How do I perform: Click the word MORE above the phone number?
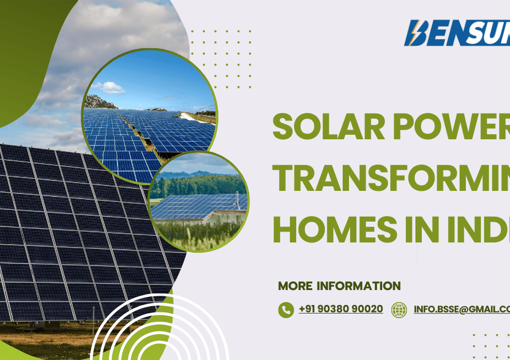pyautogui.click(x=295, y=286)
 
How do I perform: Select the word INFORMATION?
pyautogui.click(x=359, y=286)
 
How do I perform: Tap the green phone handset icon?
pyautogui.click(x=285, y=310)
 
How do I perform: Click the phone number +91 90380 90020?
pyautogui.click(x=340, y=309)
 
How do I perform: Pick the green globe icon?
pyautogui.click(x=399, y=310)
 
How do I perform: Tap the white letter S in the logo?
pyautogui.click(x=475, y=33)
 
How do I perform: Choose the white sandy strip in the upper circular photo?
pyautogui.click(x=195, y=117)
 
